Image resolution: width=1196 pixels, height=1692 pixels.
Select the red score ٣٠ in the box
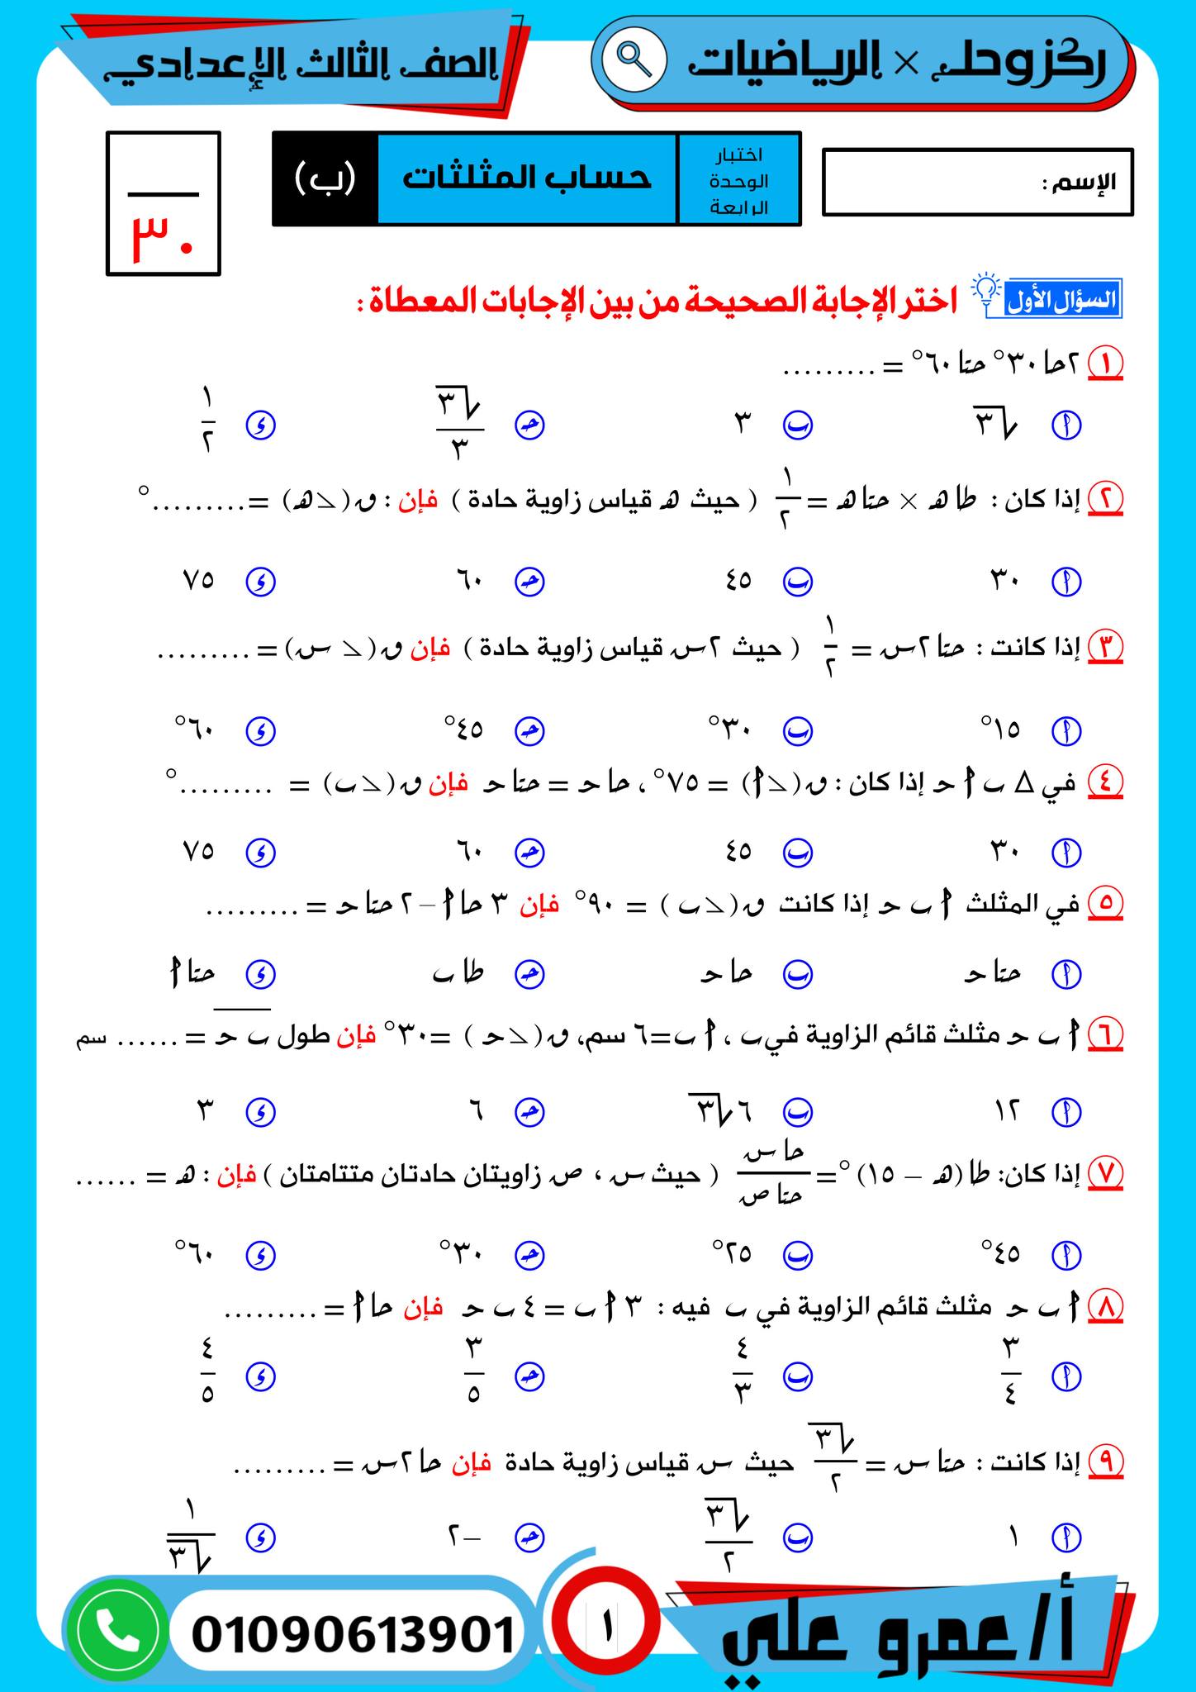164,240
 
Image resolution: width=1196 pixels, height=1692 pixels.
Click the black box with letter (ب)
325,178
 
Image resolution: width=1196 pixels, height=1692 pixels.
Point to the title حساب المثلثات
527,178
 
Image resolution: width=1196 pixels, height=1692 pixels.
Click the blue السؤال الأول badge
1064,300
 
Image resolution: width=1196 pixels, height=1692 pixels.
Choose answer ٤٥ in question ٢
738,581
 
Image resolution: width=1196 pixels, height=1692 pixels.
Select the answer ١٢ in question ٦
1006,1111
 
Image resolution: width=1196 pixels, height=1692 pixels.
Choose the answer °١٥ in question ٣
1001,730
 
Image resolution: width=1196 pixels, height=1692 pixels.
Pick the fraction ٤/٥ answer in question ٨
206,1376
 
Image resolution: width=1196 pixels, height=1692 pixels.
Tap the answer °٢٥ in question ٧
733,1254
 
